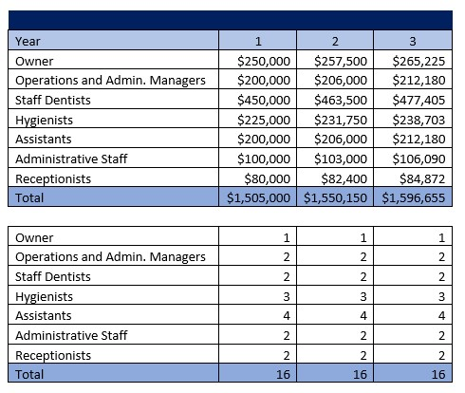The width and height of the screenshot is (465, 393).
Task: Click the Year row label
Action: [x=28, y=41]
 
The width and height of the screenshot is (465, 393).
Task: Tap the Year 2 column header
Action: [x=334, y=41]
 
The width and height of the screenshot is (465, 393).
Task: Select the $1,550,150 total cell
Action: [x=336, y=198]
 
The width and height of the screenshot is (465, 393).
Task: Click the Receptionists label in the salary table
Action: [x=53, y=178]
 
